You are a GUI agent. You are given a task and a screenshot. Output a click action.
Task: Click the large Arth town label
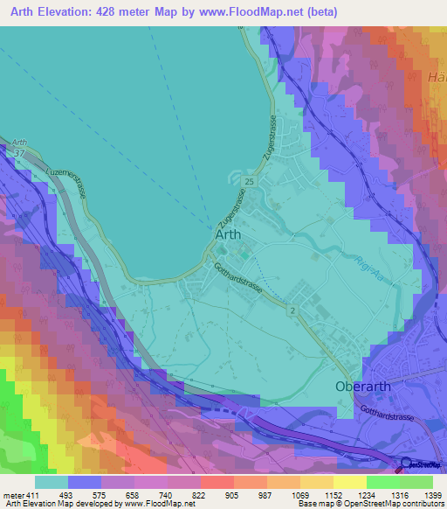pos(229,235)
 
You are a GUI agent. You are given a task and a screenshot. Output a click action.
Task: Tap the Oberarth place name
pos(361,386)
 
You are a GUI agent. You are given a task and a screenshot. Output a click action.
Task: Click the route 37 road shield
pos(20,153)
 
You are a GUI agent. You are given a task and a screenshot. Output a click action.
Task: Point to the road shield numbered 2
pos(292,310)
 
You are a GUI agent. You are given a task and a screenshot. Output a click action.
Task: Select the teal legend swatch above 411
pos(52,482)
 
